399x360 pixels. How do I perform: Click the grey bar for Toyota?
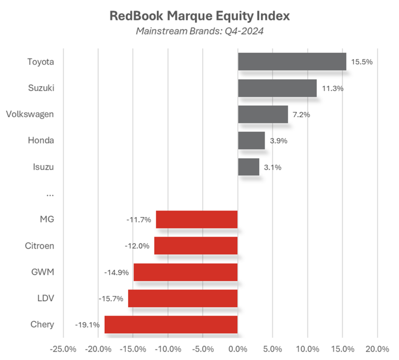292,62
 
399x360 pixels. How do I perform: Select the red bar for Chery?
171,325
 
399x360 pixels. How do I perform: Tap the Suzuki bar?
277,88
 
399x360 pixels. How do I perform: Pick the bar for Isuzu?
249,167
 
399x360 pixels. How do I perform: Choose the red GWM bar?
185,272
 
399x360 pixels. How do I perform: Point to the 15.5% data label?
362,62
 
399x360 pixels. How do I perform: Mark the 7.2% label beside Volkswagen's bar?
299,115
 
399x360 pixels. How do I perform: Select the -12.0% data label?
137,246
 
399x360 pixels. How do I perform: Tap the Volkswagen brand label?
30,114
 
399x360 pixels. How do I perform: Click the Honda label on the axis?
41,141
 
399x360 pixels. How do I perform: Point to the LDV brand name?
46,298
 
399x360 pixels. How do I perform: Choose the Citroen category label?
39,246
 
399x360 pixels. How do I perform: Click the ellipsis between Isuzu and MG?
49,194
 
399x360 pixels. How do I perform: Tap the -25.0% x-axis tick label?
63,348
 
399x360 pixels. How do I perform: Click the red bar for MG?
197,220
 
